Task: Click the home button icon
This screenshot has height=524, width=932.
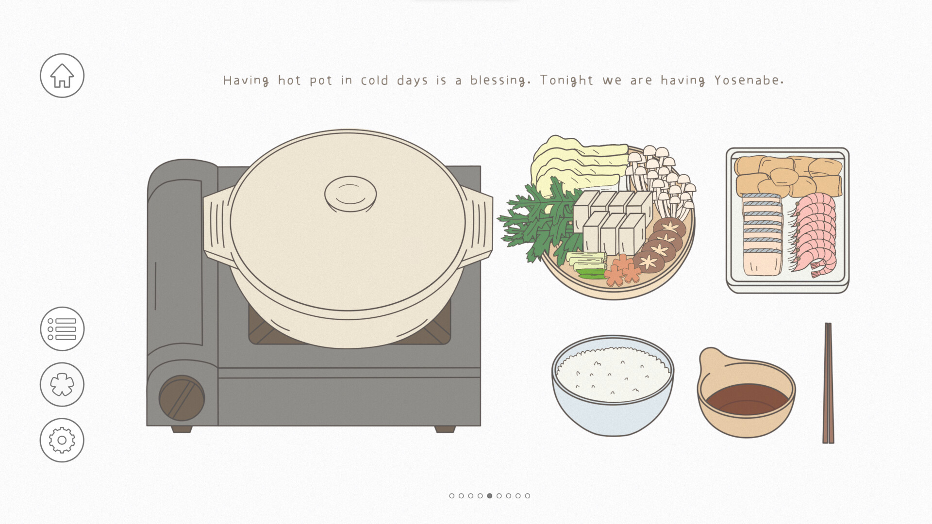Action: click(62, 76)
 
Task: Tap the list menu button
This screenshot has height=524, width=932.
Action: click(62, 329)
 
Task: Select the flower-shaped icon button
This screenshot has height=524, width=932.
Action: click(62, 385)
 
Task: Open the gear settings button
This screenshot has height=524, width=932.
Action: click(62, 440)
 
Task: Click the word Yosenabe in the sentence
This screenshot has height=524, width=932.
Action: click(749, 81)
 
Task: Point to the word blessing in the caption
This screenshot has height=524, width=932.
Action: click(500, 81)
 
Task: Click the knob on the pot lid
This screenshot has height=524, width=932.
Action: click(350, 194)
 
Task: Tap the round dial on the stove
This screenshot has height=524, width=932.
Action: click(182, 398)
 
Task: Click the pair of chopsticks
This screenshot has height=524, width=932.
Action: click(828, 383)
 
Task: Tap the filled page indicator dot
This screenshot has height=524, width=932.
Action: click(490, 496)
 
